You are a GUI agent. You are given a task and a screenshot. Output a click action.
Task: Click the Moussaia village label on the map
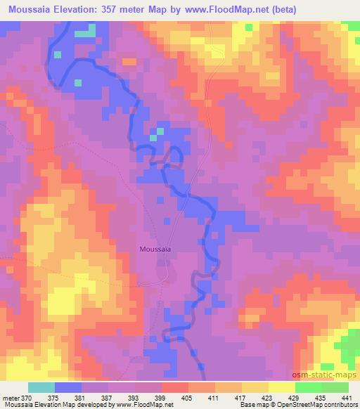[156, 248]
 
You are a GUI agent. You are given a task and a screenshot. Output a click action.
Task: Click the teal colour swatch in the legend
[41, 387]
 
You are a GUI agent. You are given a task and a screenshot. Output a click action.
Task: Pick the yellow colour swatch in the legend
[281, 387]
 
